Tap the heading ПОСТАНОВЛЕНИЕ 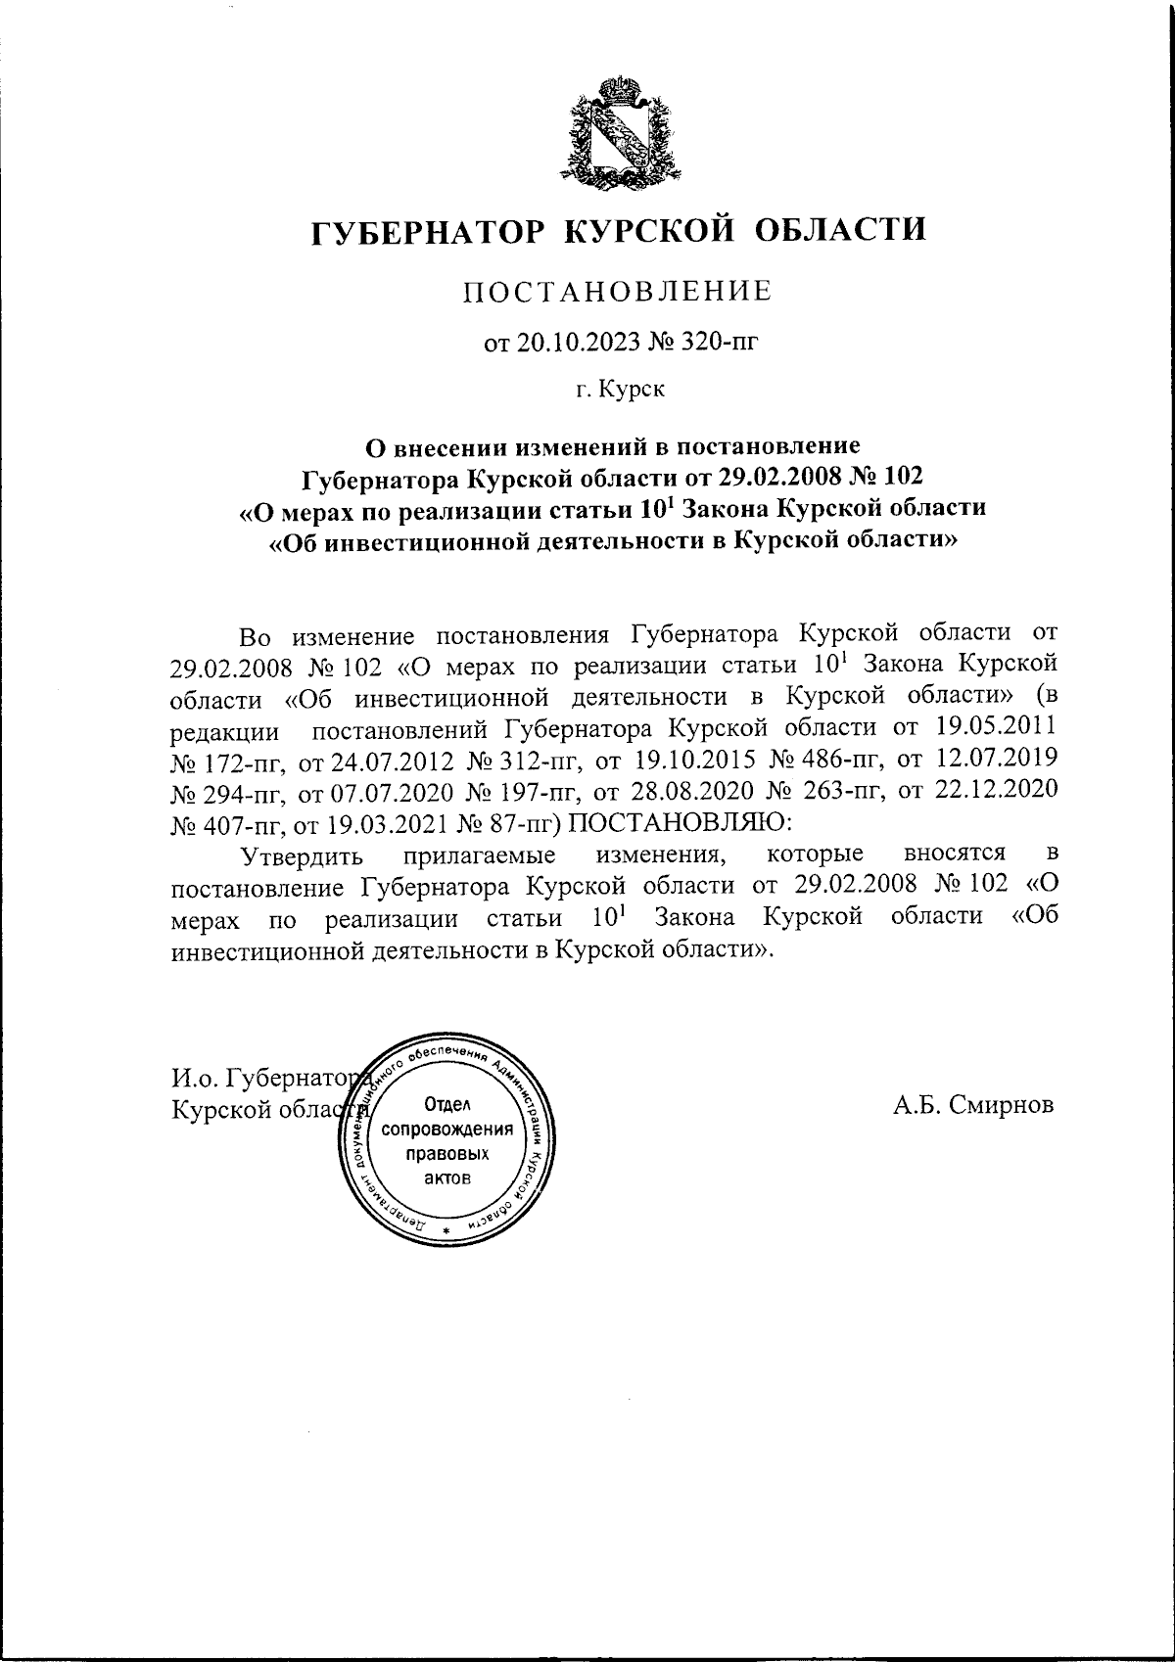(618, 292)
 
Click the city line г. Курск (619, 390)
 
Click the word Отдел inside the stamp (446, 1105)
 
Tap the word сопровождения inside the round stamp (447, 1130)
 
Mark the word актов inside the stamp (446, 1177)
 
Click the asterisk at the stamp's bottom (446, 1229)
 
